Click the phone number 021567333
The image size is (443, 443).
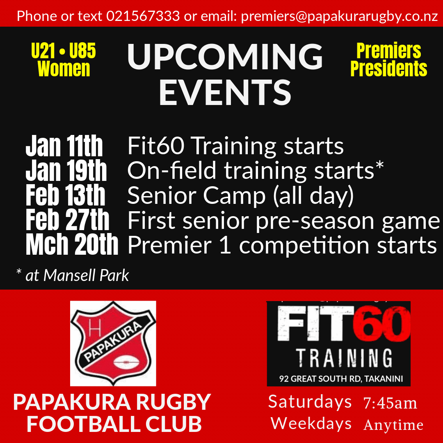143,16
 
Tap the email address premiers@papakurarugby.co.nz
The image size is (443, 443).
340,16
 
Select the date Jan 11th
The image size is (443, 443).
64,146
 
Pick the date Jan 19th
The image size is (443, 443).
66,170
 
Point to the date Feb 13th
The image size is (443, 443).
65,195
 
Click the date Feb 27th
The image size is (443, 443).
67,220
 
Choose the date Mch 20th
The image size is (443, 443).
72,244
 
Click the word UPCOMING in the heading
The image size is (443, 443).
225,57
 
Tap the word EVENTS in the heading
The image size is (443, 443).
225,92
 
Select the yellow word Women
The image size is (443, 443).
64,69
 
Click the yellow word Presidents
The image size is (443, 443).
389,69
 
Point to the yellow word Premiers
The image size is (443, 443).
389,51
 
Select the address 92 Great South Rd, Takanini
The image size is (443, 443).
341,379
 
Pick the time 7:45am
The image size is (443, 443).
390,403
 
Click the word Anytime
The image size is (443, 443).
393,425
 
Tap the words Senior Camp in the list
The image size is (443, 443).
196,195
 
